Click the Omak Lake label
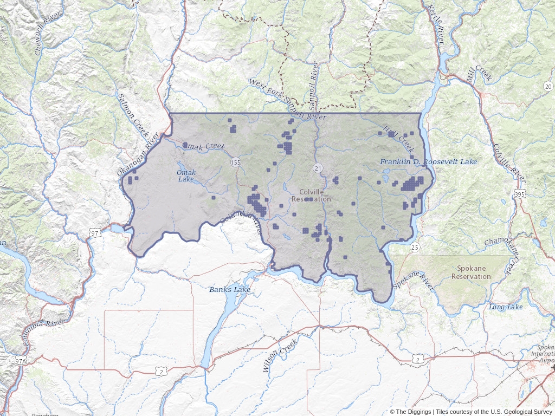(186, 175)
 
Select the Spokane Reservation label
(474, 272)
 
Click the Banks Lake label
(230, 290)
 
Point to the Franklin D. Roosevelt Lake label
(428, 162)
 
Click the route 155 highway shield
(235, 162)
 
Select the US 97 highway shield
(95, 233)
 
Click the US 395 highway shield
(519, 193)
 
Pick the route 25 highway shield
(415, 247)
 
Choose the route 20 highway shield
(548, 87)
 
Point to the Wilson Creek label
(280, 355)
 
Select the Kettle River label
(436, 25)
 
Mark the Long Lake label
(506, 307)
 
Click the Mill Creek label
(480, 73)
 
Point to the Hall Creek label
(398, 138)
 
